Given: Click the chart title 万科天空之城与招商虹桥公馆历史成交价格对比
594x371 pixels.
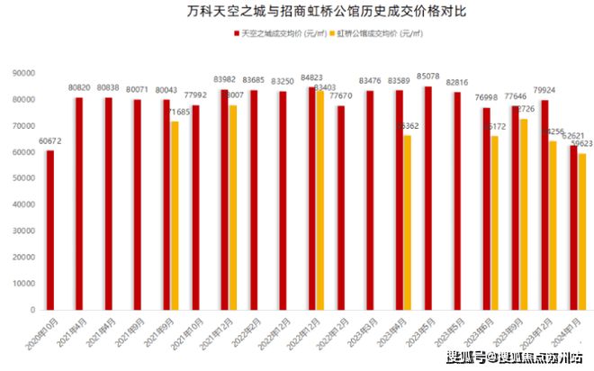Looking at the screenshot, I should (x=297, y=12).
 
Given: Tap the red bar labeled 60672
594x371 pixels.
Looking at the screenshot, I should (x=50, y=230).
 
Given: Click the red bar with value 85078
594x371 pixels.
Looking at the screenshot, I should (x=427, y=197).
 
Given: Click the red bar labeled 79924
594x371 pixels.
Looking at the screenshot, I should (x=544, y=204).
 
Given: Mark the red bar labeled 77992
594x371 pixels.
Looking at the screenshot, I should (x=195, y=207).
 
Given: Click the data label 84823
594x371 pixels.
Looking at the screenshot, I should (x=312, y=77).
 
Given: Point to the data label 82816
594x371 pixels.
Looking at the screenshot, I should (x=457, y=83).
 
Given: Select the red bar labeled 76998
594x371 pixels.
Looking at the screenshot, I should (x=486, y=208).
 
